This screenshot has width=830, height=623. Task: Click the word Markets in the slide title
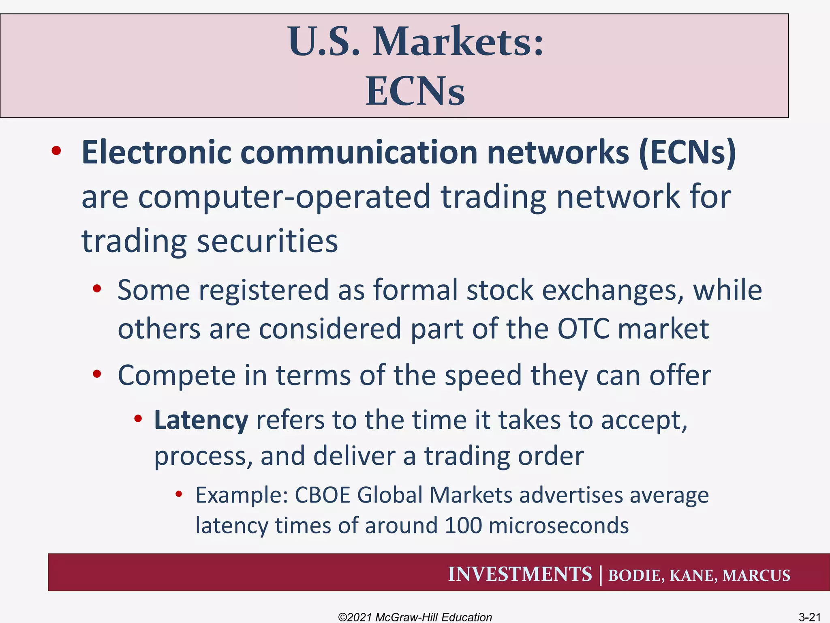pos(458,42)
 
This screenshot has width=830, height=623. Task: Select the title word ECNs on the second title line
pos(415,92)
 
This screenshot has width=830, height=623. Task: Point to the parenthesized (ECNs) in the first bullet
pos(687,153)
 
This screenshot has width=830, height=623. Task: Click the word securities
pos(267,241)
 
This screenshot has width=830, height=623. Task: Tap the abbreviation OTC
pos(583,329)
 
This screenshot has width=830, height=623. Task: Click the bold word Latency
pos(201,420)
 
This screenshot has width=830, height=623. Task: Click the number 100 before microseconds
pos(463,526)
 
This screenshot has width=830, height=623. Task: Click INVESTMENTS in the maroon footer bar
pos(520,574)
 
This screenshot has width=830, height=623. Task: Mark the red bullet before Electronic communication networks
pos(56,151)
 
